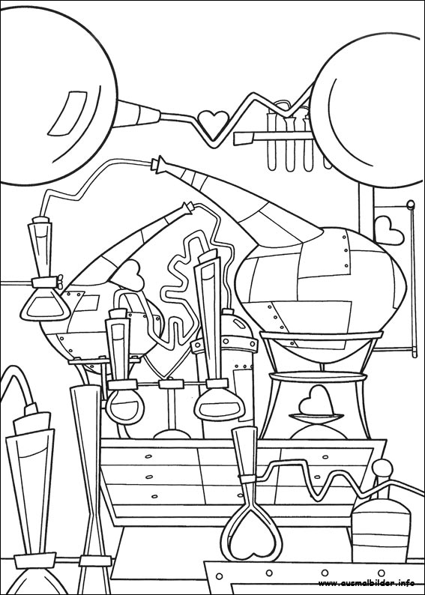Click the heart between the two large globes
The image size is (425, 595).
pos(214,121)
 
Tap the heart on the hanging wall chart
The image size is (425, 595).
pos(388,230)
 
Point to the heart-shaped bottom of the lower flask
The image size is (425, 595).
pos(252,536)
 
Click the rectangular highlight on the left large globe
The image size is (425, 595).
pos(67,112)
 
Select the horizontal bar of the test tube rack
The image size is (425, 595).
pos(272,136)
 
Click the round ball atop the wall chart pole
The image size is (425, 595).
pos(410,205)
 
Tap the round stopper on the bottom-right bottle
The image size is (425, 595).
pos(382,468)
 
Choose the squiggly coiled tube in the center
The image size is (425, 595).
pos(186,289)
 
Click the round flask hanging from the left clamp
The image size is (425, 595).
pos(125,407)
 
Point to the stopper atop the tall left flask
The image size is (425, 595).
pos(40,220)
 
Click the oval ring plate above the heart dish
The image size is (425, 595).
pos(318,377)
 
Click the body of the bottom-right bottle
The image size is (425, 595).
pos(381,531)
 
